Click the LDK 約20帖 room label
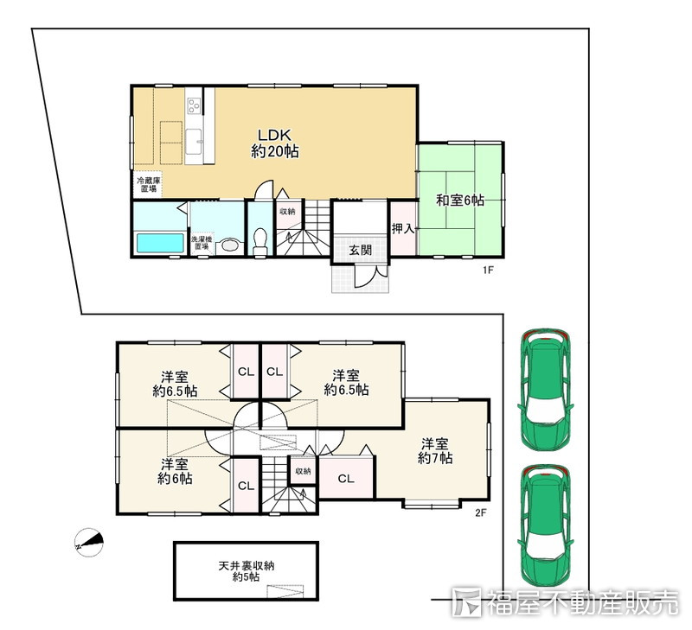coord(275,143)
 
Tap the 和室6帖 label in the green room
coord(460,200)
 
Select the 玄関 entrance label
coord(360,250)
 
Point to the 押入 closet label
coord(403,229)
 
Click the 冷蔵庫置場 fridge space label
coord(148,185)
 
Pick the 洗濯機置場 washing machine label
coord(202,243)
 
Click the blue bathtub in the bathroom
coord(160,243)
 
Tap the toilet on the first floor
coord(260,241)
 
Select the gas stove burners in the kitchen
coord(194,105)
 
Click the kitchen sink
coord(194,141)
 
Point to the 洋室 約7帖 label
coord(435,450)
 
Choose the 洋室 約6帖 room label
coord(175,471)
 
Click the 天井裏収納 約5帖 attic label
coord(247,571)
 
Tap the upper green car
coord(546,390)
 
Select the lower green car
coord(546,525)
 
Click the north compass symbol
coord(89,542)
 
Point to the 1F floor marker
coord(487,270)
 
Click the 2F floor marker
coord(481,512)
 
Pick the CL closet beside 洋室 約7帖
coord(346,479)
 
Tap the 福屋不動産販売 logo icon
coord(467,601)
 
